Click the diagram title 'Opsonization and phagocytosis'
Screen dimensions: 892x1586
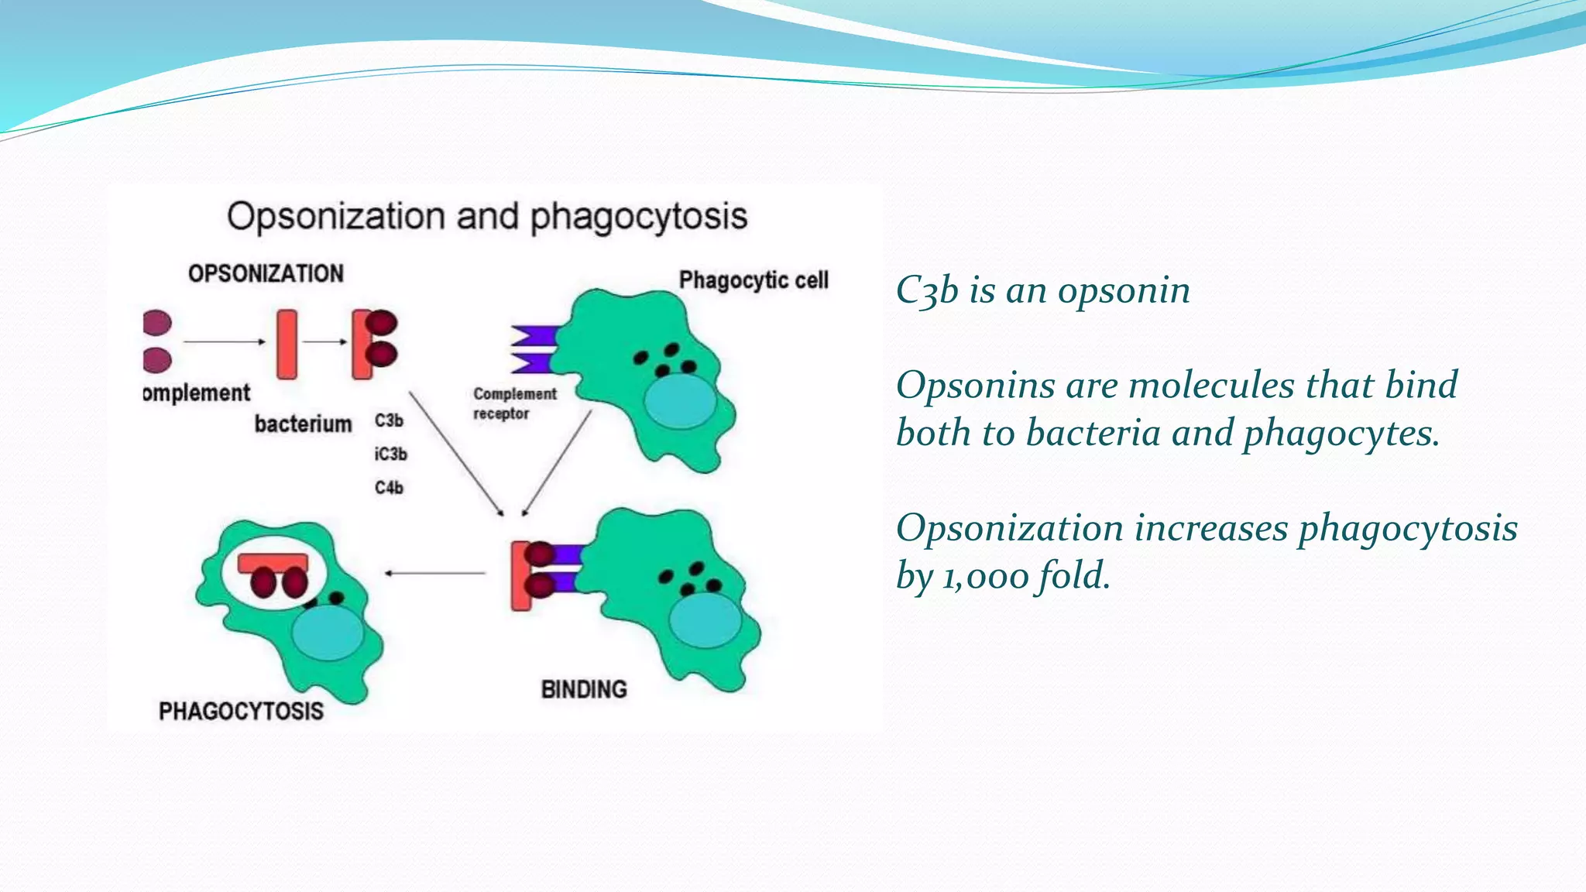(x=487, y=216)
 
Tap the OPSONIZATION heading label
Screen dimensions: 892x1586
(x=266, y=273)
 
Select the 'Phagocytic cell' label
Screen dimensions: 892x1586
(x=754, y=280)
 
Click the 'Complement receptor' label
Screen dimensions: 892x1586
(x=514, y=403)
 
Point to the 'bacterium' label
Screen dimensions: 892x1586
(x=303, y=424)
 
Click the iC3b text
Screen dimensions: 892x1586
(x=390, y=455)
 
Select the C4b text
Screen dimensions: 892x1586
(x=389, y=488)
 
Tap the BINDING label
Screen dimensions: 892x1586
(x=584, y=689)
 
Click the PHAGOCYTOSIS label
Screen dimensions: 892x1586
(x=241, y=711)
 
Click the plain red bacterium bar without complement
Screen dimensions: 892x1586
(x=287, y=344)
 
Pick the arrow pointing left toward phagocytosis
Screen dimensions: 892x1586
(x=435, y=573)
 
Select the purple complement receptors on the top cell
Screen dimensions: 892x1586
(x=534, y=348)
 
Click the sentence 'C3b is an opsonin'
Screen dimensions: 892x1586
(x=1042, y=291)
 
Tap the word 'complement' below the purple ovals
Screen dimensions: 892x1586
(x=197, y=393)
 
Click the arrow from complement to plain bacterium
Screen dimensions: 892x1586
(x=225, y=341)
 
